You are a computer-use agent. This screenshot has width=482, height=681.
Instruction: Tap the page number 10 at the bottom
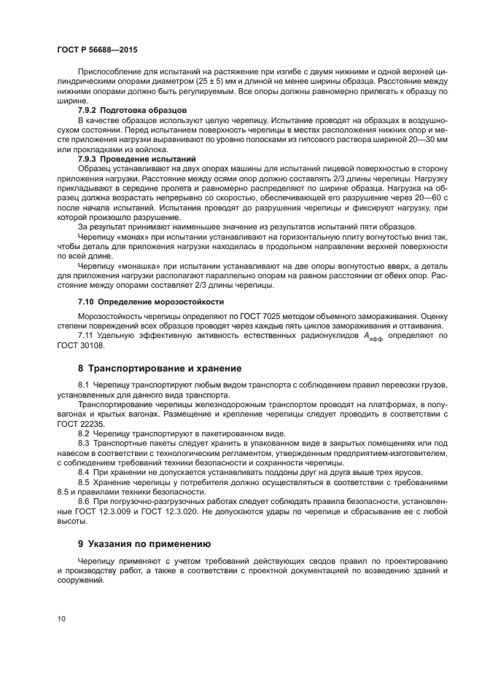61,619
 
